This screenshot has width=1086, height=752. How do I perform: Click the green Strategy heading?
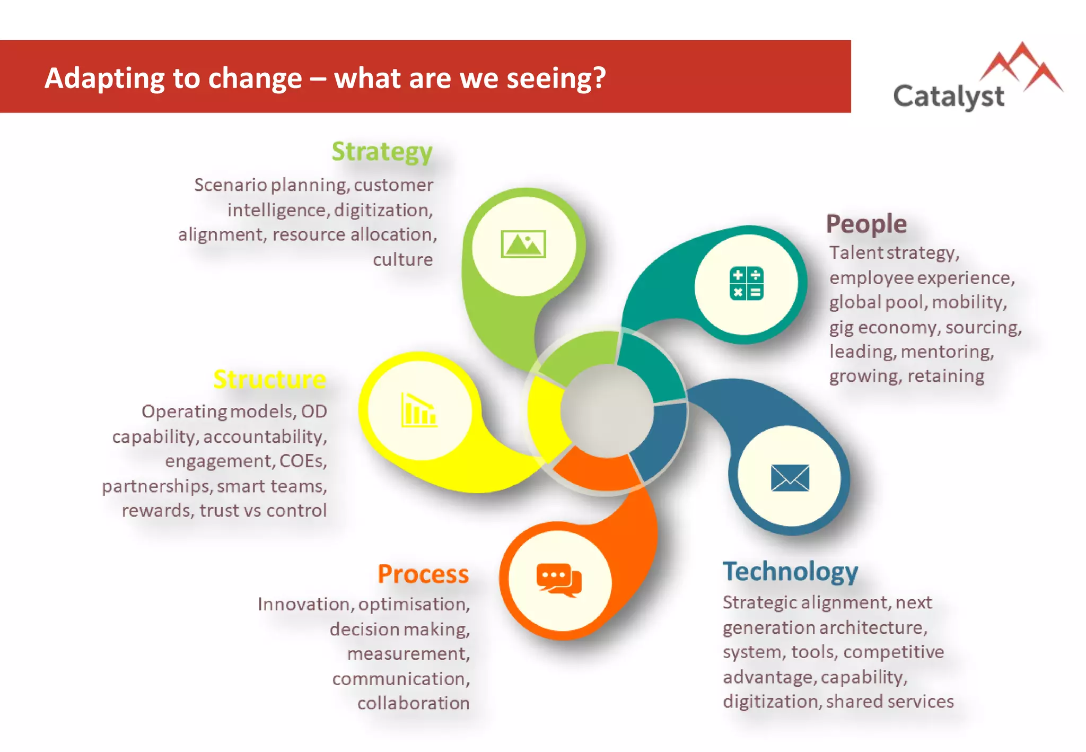pyautogui.click(x=382, y=152)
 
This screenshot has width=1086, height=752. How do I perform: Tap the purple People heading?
pyautogui.click(x=866, y=224)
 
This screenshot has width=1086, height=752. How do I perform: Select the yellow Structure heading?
pyautogui.click(x=269, y=379)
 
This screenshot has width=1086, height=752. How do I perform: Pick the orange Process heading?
pyautogui.click(x=423, y=574)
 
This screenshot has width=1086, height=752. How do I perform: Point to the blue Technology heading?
pyautogui.click(x=790, y=572)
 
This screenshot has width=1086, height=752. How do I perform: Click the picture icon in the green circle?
pyautogui.click(x=523, y=244)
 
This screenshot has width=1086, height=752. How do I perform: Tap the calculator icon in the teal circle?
pyautogui.click(x=746, y=284)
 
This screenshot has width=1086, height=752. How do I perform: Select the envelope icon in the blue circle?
pyautogui.click(x=790, y=477)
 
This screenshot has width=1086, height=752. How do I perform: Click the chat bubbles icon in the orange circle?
pyautogui.click(x=559, y=580)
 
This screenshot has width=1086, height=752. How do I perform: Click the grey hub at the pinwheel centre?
pyautogui.click(x=607, y=410)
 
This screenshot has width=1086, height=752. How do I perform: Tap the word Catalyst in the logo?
pyautogui.click(x=948, y=97)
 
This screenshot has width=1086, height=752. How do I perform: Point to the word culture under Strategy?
pyautogui.click(x=402, y=259)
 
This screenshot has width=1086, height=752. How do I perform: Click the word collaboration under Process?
pyautogui.click(x=413, y=703)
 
